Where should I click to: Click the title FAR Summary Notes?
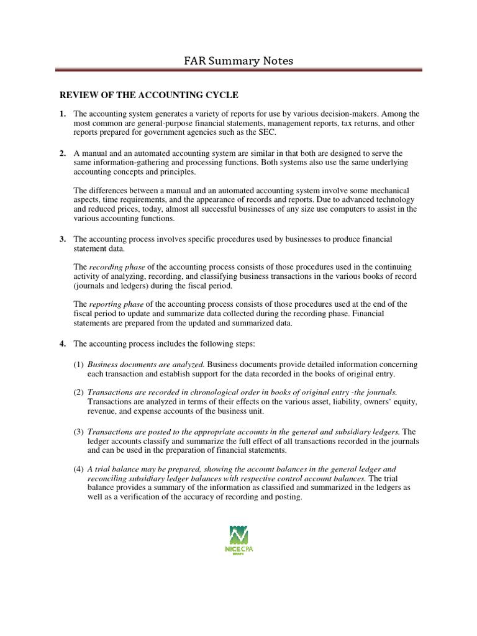(238, 60)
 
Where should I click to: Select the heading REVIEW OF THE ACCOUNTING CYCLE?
(148, 95)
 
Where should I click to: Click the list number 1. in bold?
(62, 114)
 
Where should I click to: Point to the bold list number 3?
(62, 239)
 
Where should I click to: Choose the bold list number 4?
(62, 343)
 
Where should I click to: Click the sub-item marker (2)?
(78, 393)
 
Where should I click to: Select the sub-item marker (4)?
(78, 469)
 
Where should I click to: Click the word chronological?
(198, 393)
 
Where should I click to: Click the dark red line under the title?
(238, 70)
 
